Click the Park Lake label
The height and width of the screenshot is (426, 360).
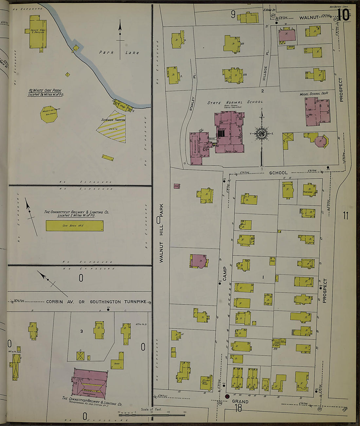pyautogui.click(x=119, y=52)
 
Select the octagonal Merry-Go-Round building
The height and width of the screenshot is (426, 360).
pyautogui.click(x=49, y=114)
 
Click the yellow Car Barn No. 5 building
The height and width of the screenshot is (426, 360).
pyautogui.click(x=75, y=226)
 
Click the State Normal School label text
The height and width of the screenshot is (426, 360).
pyautogui.click(x=235, y=102)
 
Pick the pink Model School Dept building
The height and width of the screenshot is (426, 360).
pyautogui.click(x=317, y=111)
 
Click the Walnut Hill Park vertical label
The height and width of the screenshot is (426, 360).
pyautogui.click(x=161, y=233)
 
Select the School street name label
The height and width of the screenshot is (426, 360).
pyautogui.click(x=278, y=173)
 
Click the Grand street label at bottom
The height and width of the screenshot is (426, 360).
pyautogui.click(x=240, y=401)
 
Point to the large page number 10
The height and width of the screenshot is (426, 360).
pyautogui.click(x=343, y=15)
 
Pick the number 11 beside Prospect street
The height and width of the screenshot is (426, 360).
pyautogui.click(x=346, y=215)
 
